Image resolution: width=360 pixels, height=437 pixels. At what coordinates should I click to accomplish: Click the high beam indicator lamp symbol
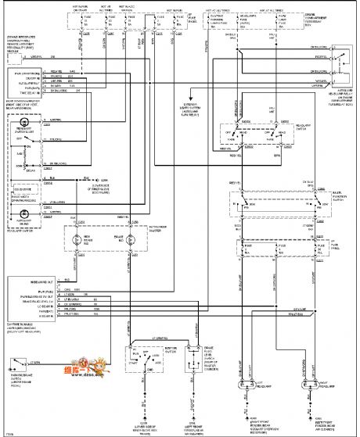(x=77, y=240)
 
